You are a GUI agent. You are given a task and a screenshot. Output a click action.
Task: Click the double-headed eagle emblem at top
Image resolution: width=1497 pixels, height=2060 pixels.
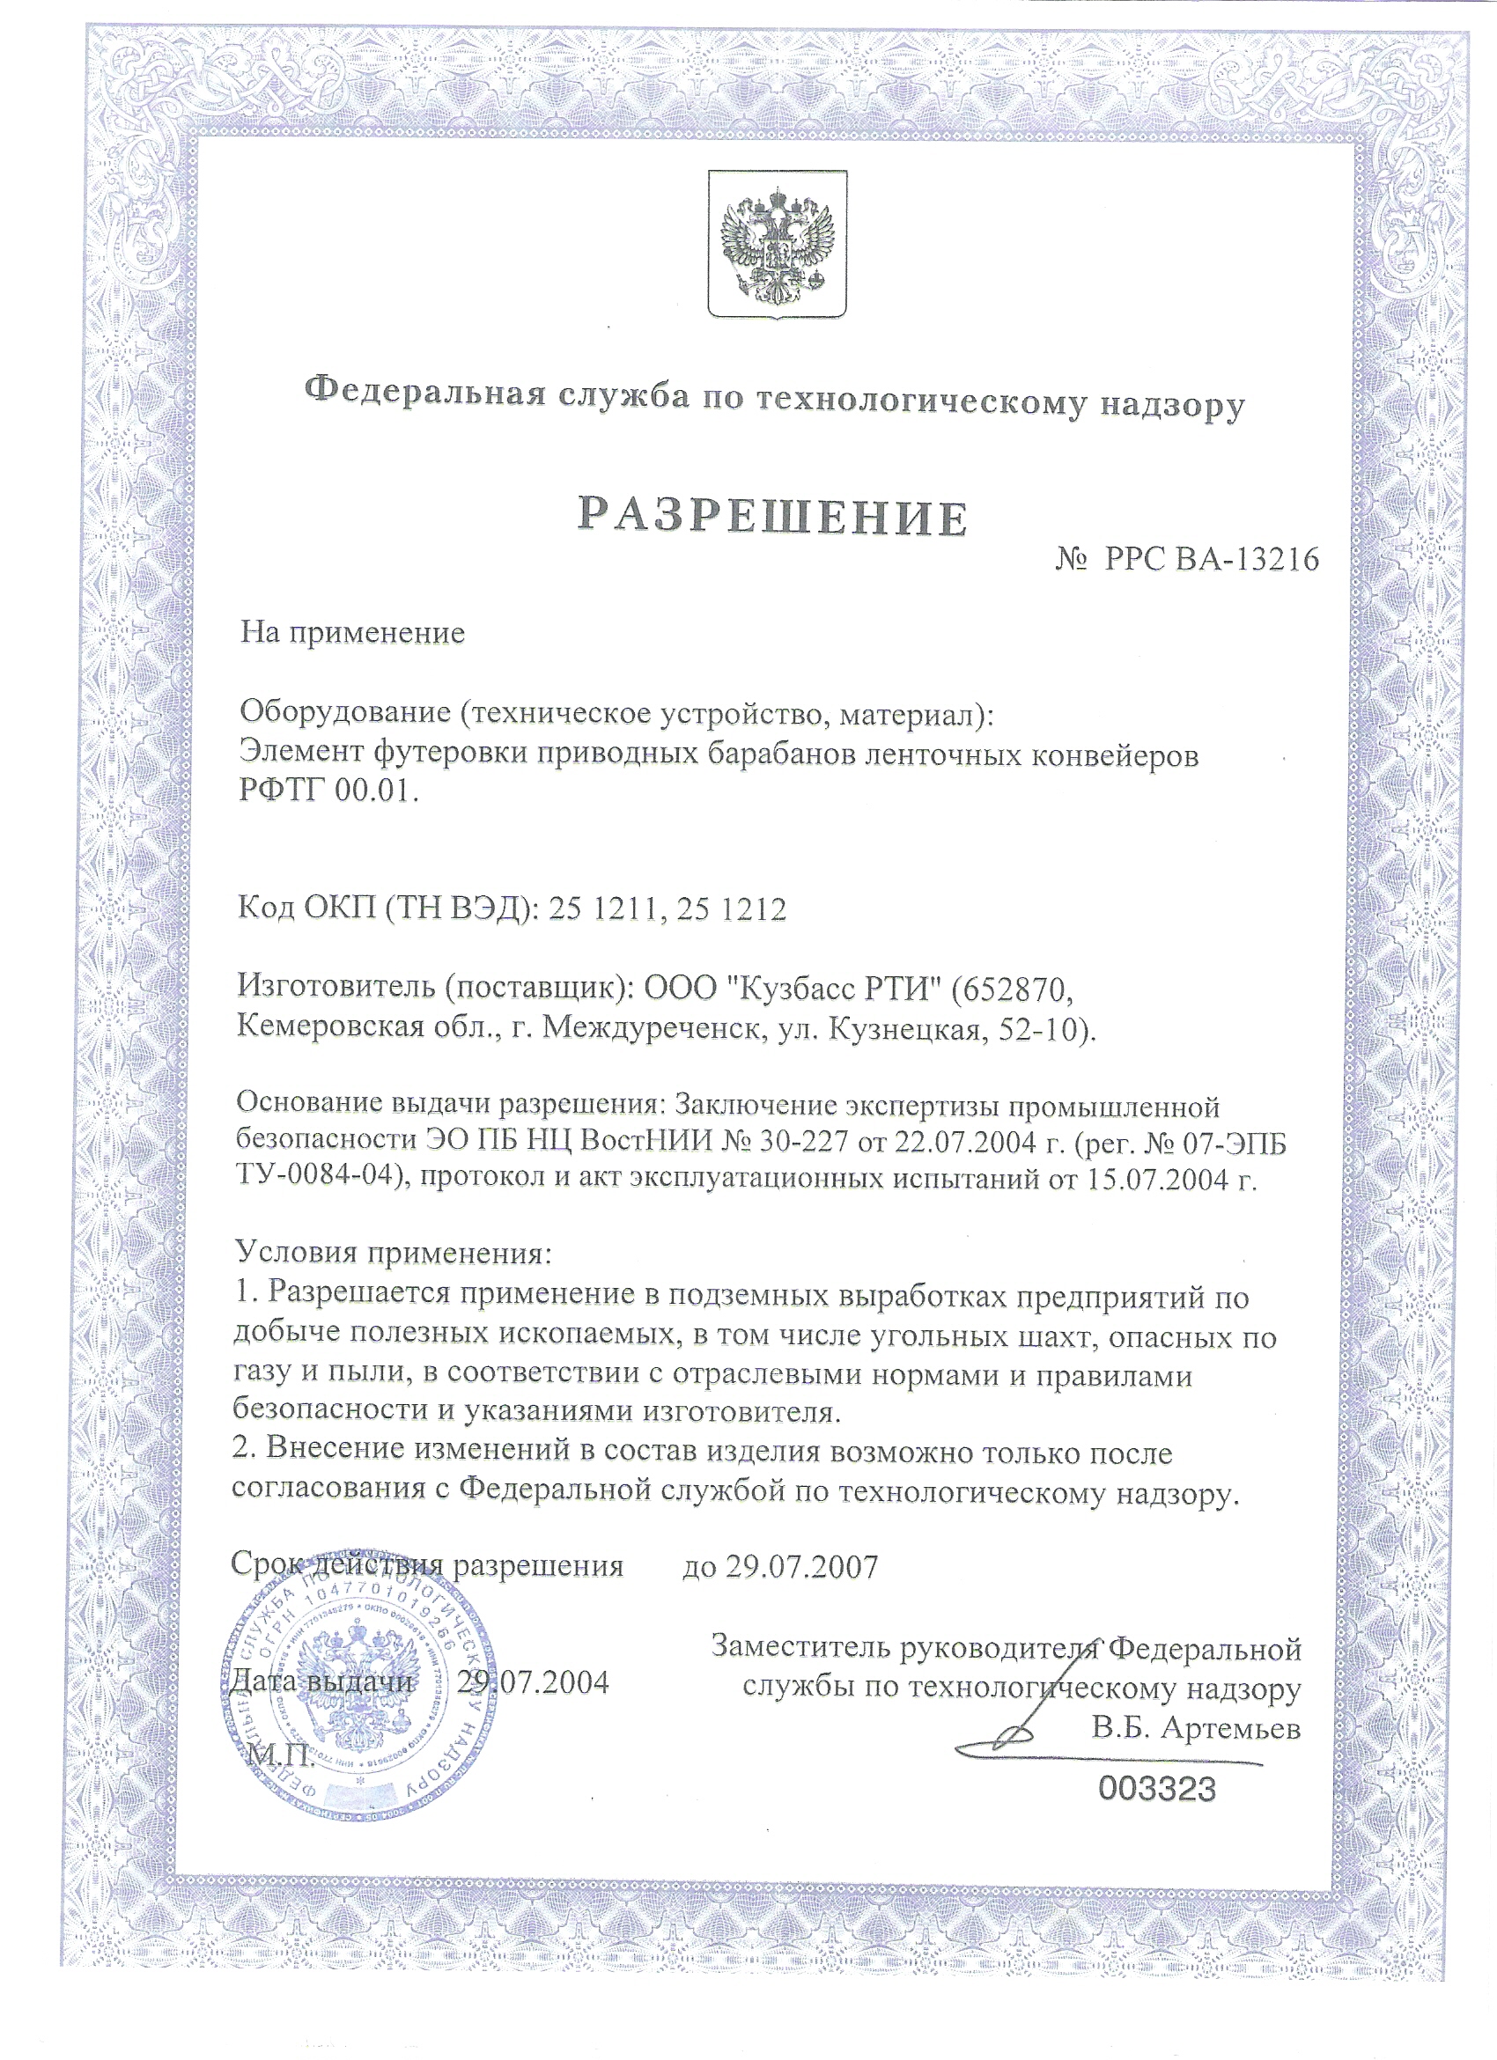coord(777,246)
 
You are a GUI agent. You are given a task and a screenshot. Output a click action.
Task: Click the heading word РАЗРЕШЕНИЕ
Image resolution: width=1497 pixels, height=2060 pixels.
coord(773,516)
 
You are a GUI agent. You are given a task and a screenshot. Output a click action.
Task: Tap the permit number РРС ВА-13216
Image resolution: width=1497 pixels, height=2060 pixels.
coord(1211,560)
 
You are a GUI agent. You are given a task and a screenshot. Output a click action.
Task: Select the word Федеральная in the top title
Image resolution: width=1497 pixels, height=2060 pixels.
coord(424,392)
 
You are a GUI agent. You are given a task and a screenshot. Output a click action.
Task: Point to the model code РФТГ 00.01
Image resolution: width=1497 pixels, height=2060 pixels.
coord(328,791)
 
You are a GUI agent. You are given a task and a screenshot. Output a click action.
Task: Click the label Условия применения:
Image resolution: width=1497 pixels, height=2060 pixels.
coord(394,1254)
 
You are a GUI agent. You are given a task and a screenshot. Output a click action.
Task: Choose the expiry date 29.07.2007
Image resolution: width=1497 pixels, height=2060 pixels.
coord(801,1566)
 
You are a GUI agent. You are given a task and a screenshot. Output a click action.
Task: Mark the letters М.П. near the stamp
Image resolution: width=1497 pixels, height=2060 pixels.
coord(281,1755)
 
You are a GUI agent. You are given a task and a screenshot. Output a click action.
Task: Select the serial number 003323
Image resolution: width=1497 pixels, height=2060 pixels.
coord(1155,1789)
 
